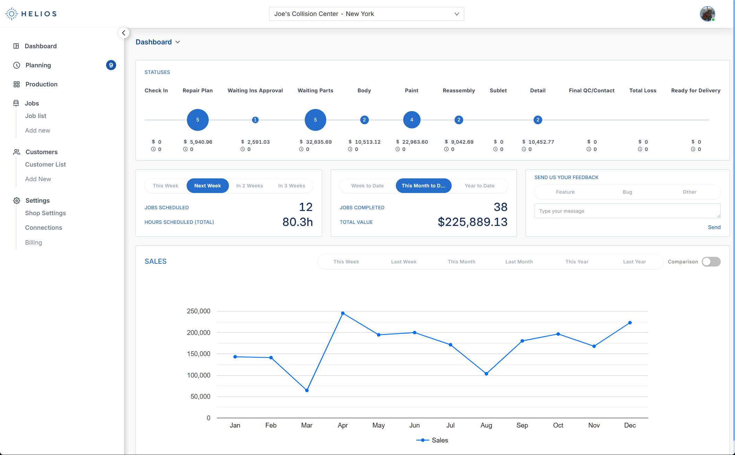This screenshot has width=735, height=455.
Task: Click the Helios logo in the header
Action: point(31,14)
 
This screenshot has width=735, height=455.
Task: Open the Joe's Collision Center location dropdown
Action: point(366,14)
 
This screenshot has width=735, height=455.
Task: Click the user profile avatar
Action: point(707,14)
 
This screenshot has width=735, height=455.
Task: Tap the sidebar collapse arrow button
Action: point(124,33)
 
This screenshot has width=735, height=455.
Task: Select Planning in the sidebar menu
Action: point(38,65)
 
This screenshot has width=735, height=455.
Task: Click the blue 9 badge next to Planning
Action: point(111,65)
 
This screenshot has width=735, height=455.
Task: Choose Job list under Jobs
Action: point(36,116)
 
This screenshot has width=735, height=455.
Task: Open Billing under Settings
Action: point(34,243)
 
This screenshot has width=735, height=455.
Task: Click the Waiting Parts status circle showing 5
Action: point(315,120)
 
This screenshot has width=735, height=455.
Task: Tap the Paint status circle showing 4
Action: point(412,120)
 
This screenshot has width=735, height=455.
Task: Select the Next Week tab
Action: point(207,186)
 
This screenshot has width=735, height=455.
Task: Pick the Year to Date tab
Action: point(479,186)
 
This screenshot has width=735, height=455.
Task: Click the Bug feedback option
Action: point(627,192)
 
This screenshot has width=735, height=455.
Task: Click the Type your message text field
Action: point(627,211)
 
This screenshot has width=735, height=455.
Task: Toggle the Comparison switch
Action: point(711,262)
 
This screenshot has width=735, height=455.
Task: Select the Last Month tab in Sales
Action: point(519,262)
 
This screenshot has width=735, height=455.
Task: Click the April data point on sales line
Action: point(343,313)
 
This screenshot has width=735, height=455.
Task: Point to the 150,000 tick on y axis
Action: point(199,354)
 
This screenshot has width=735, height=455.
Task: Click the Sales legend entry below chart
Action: point(432,440)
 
